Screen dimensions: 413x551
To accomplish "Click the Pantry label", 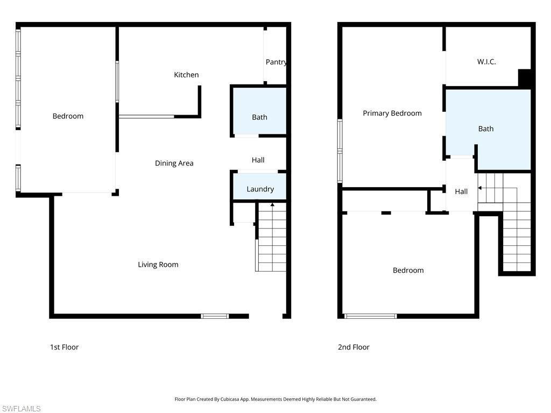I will pos(276,62).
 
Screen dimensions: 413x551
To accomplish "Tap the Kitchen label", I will pos(186,75).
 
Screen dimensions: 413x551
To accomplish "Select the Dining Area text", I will pos(174,163).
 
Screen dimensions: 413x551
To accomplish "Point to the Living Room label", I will pos(158,265).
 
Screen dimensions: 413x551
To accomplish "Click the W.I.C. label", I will pos(486,62).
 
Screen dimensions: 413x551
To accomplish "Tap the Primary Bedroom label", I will pos(392,113).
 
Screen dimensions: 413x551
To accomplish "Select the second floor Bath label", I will pos(486,129).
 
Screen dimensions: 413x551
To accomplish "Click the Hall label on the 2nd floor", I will pos(461,191).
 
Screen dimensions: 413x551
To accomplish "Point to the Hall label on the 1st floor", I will pos(258,160).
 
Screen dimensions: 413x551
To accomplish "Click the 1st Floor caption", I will pos(64,347).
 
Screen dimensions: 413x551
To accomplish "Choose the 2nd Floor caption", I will pos(354,347).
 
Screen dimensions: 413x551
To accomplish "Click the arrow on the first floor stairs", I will pos(272,205).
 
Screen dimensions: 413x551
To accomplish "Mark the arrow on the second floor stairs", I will pos(480,188).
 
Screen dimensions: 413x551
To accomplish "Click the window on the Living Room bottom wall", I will pos(215,316).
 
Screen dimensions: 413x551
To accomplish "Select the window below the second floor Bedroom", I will pos(370,316).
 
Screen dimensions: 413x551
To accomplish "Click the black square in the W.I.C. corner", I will pos(524,78).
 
